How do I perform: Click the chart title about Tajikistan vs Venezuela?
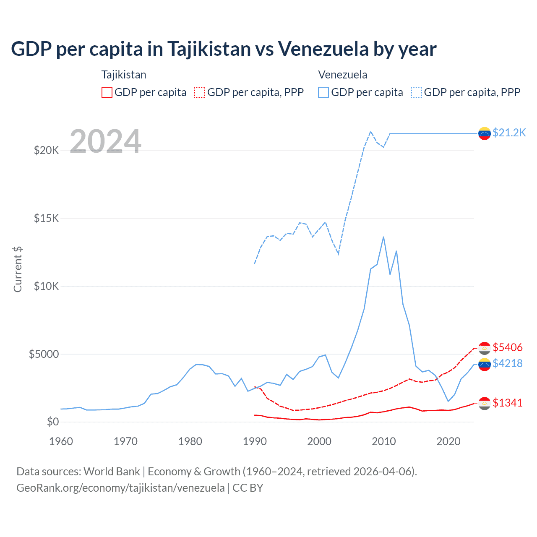tap(224, 49)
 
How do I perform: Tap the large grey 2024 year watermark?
tap(105, 141)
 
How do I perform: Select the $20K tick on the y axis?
tap(46, 150)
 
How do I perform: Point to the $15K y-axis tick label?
tap(46, 218)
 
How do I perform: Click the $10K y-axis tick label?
tap(46, 286)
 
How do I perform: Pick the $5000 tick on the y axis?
tap(44, 354)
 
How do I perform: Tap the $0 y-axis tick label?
tap(52, 422)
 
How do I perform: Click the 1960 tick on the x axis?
tap(61, 441)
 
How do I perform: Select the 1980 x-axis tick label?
tap(190, 441)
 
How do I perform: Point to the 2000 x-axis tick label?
tap(319, 441)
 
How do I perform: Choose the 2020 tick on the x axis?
tap(448, 441)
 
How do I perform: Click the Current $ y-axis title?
tap(18, 269)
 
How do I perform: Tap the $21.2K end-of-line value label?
tap(509, 133)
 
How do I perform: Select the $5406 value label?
tap(508, 347)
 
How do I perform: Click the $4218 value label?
tap(508, 363)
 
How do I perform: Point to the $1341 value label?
tap(508, 403)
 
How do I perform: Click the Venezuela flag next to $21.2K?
tap(485, 133)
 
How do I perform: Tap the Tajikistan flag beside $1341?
tap(485, 404)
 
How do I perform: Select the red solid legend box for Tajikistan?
tap(107, 92)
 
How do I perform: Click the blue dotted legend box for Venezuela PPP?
tap(417, 92)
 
